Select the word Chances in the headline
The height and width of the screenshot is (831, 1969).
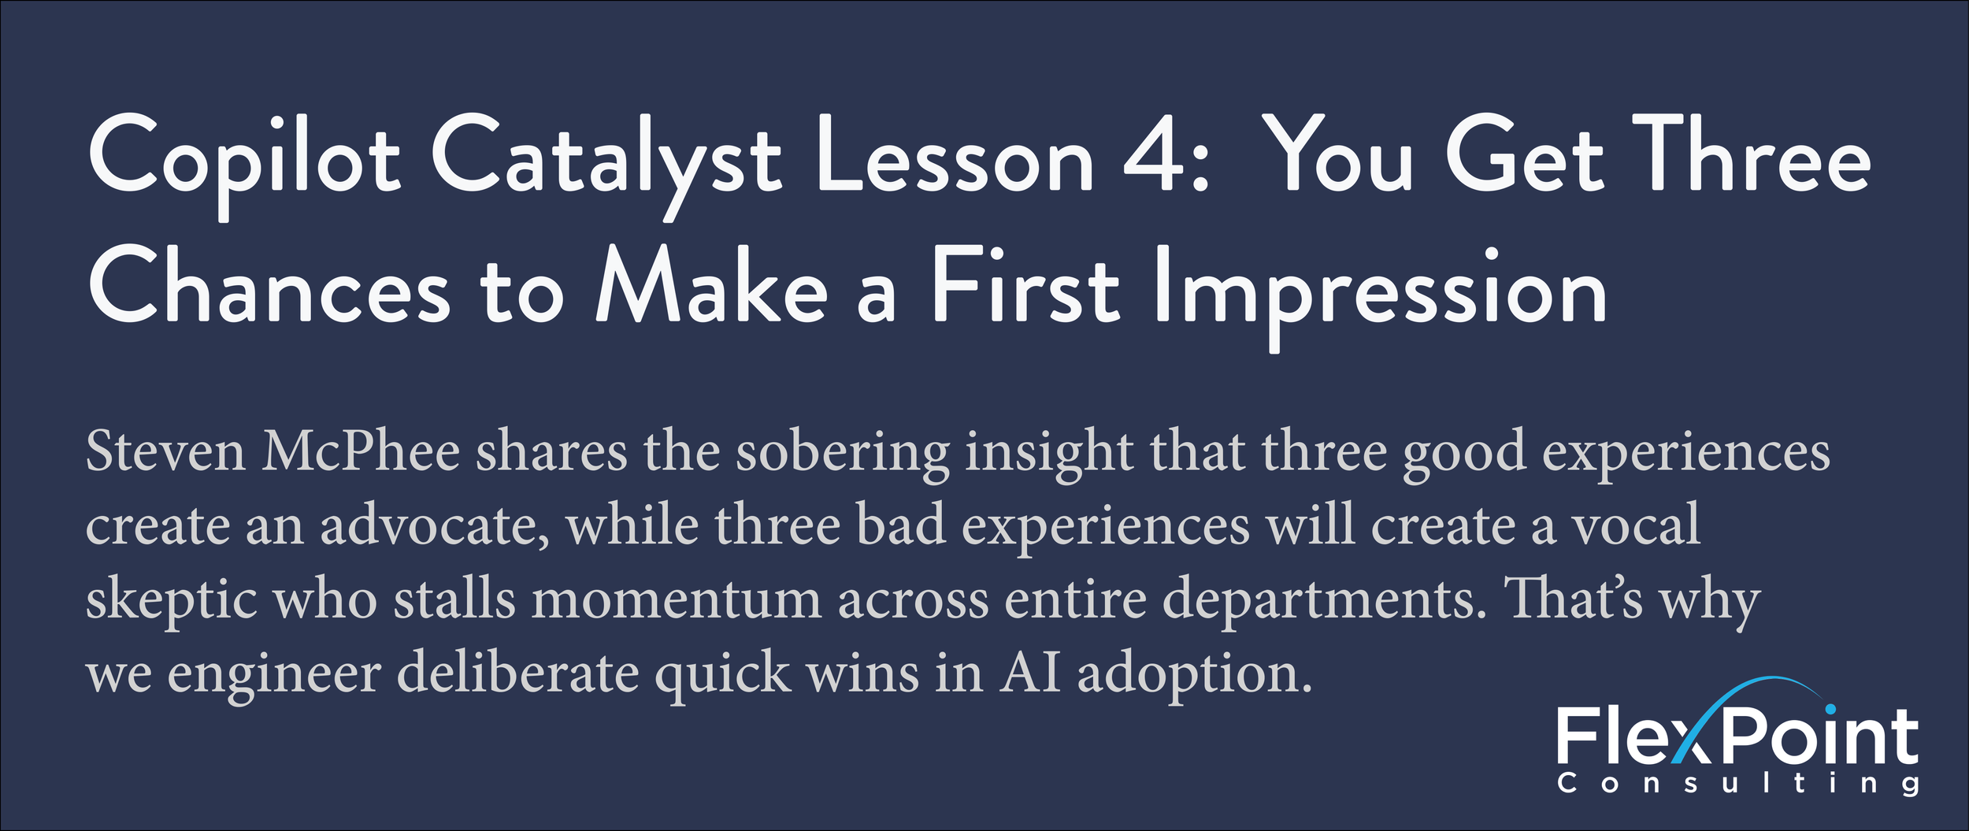269,288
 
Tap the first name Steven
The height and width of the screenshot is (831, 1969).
165,453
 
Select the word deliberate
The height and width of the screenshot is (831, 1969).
517,673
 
